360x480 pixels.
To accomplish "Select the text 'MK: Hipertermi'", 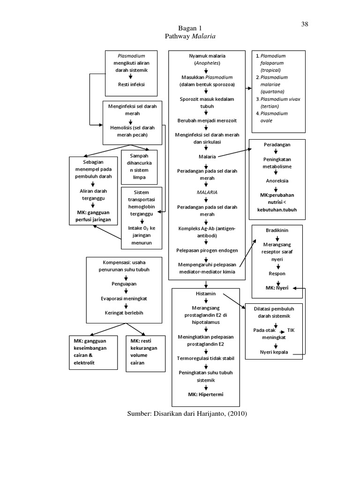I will (x=207, y=394).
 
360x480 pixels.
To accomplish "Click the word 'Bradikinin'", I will (x=277, y=231).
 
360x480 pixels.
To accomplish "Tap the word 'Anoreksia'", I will (x=277, y=180).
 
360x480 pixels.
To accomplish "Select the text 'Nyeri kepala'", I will (x=274, y=352).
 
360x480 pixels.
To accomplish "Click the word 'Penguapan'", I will (x=124, y=284).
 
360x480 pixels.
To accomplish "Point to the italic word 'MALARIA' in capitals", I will (x=207, y=192).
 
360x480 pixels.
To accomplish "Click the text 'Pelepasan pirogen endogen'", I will (x=207, y=250).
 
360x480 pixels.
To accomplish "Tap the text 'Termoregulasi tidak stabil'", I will (x=207, y=358).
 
